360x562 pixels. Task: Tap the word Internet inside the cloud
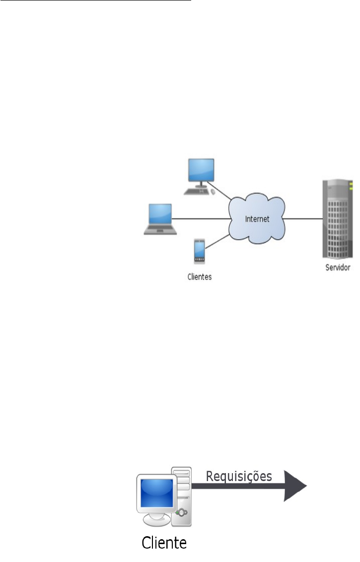[257, 219]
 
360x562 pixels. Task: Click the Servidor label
[337, 268]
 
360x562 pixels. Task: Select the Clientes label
[199, 277]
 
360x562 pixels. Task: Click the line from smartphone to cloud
[217, 242]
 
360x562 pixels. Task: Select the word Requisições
[239, 476]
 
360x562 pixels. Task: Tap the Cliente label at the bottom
[164, 543]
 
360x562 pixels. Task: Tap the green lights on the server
[351, 187]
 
